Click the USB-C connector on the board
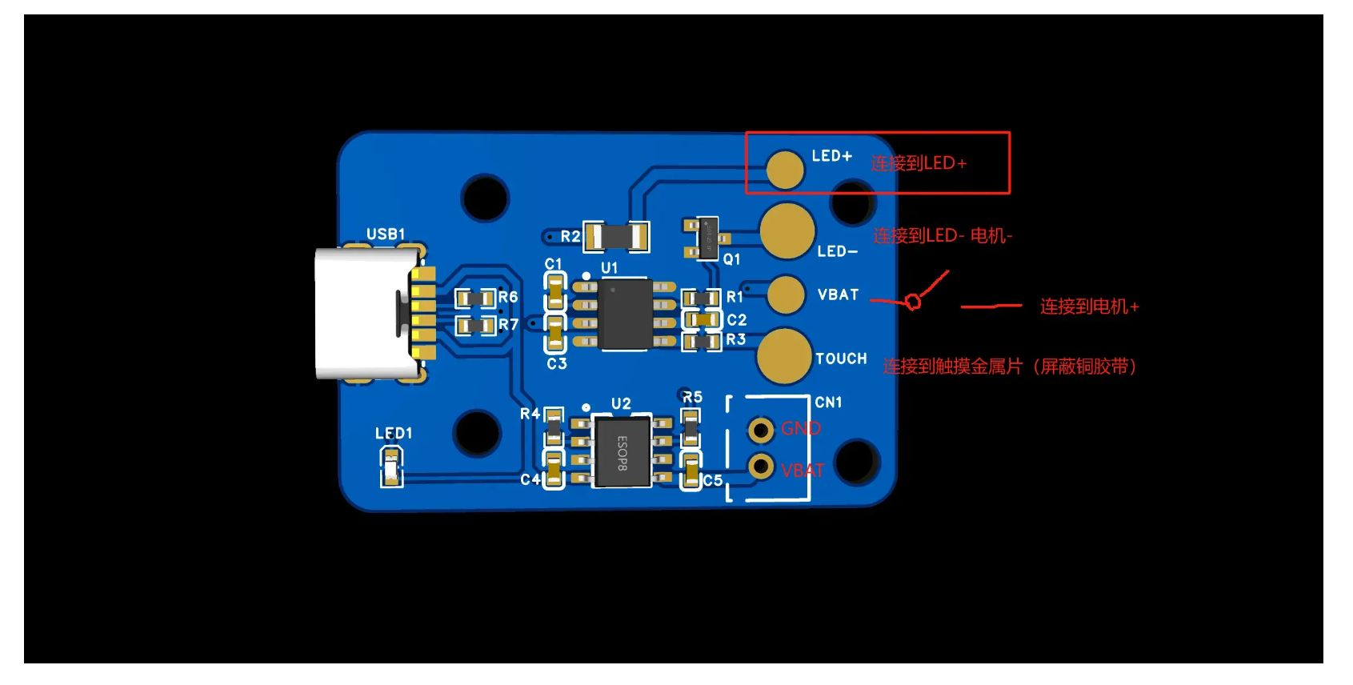click(368, 313)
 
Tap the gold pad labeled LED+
click(785, 169)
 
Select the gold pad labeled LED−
click(787, 231)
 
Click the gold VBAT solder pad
click(786, 294)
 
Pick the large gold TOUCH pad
click(784, 356)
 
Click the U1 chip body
click(626, 314)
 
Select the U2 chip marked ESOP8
click(622, 453)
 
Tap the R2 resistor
click(615, 237)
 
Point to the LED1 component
click(390, 467)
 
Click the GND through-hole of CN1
click(761, 431)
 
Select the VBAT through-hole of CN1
click(761, 466)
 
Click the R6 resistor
click(475, 298)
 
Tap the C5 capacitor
click(691, 471)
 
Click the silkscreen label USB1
click(386, 234)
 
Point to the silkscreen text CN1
click(828, 402)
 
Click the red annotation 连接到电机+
click(1089, 306)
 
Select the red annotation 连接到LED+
click(919, 163)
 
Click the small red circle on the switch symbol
click(913, 302)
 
